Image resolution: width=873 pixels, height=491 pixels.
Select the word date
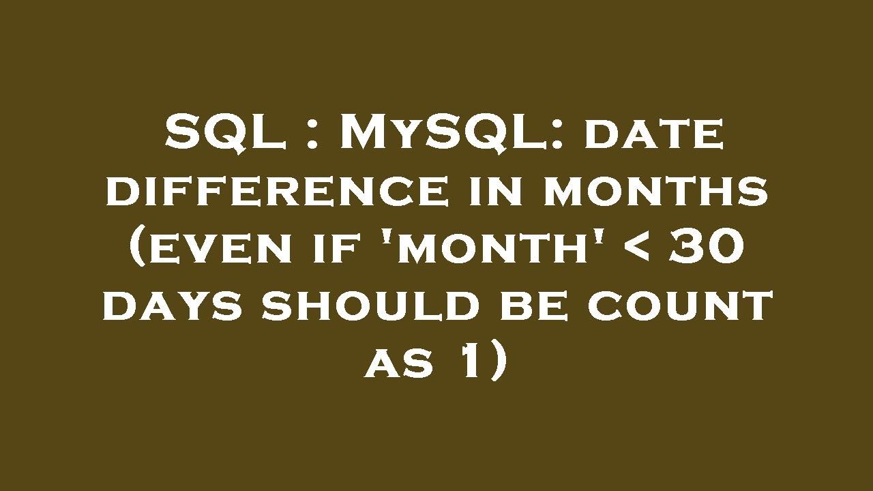(x=654, y=135)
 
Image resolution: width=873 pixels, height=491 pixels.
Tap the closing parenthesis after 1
(x=497, y=363)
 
